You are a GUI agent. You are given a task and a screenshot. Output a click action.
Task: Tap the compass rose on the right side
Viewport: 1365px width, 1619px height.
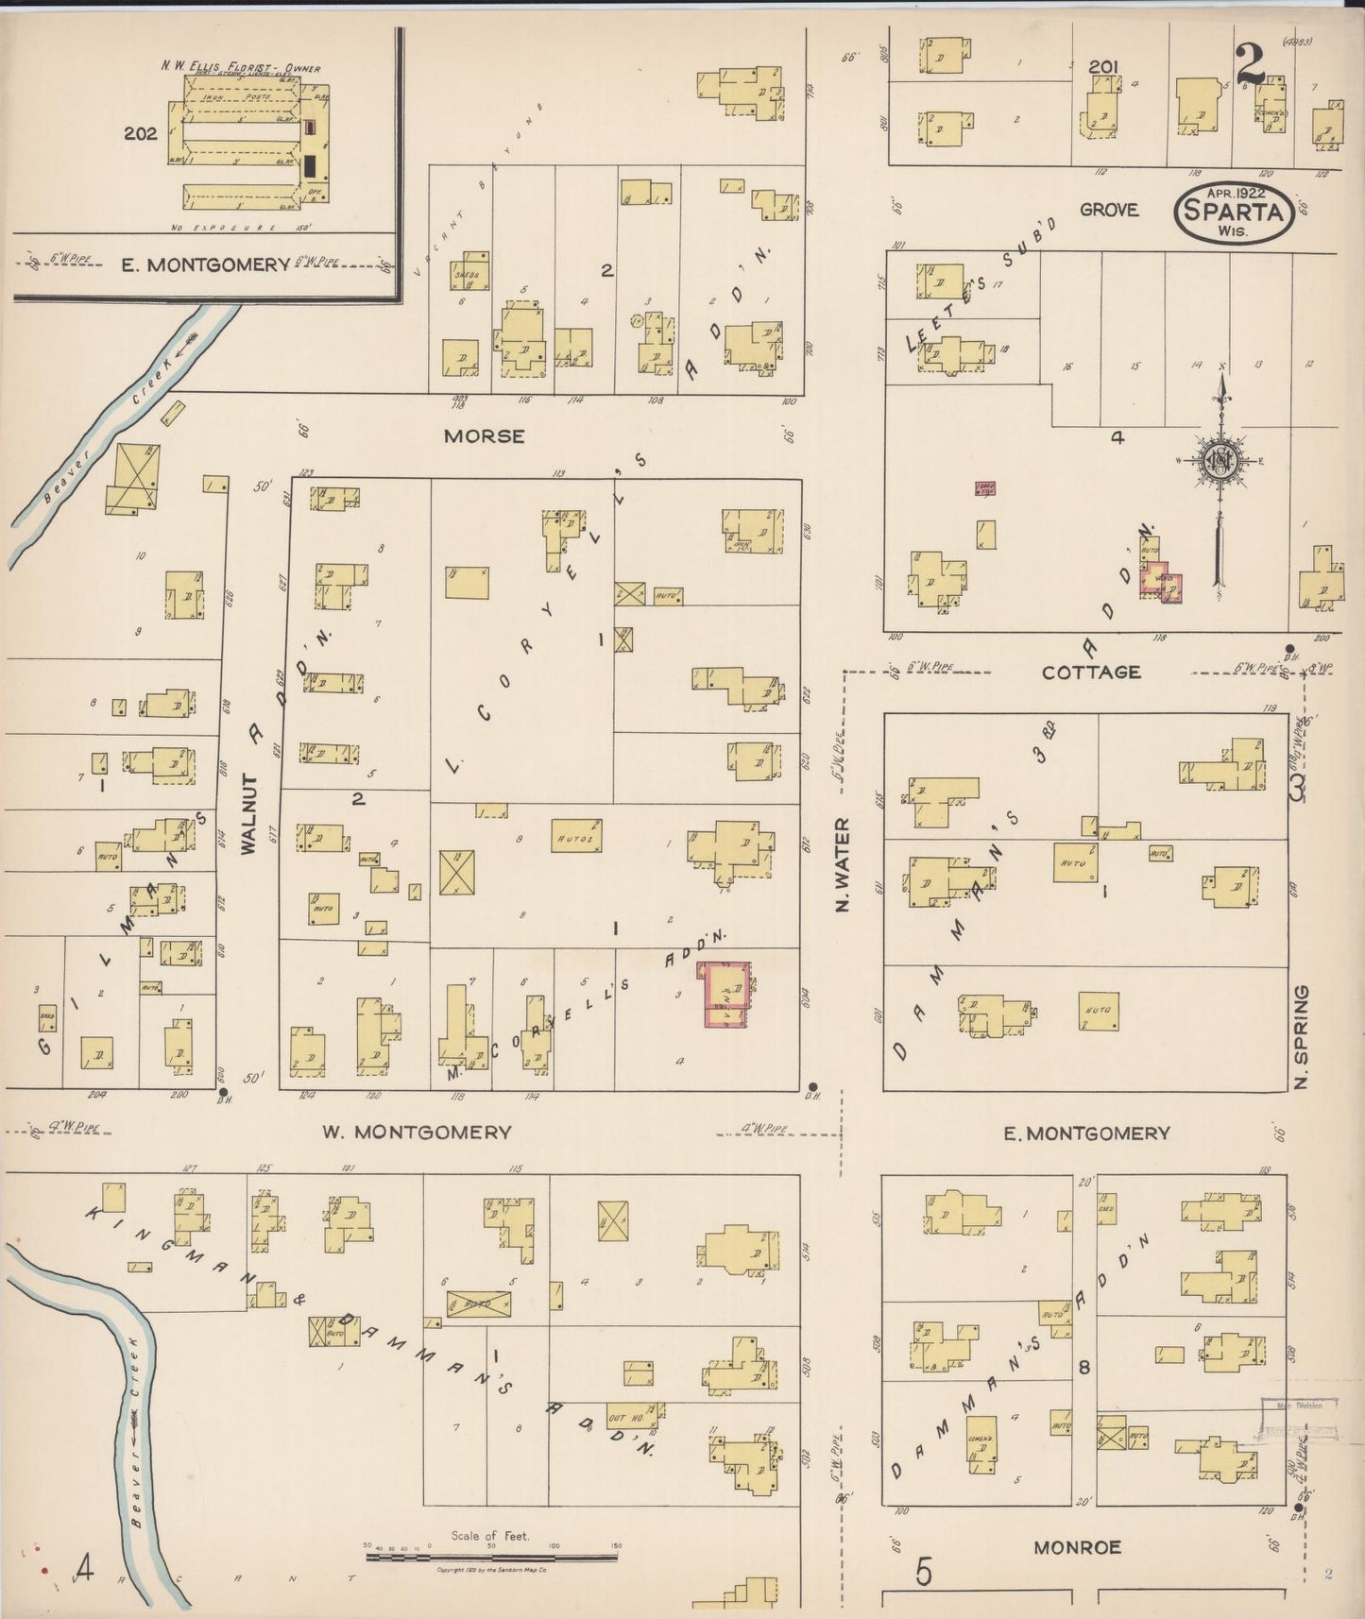coord(1220,462)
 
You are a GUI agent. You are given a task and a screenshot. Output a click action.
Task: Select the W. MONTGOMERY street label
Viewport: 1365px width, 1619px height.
coord(418,1132)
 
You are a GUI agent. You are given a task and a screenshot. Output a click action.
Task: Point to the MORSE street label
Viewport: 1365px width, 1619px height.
coord(484,436)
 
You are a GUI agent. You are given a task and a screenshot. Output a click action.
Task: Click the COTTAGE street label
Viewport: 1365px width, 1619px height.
coord(1091,673)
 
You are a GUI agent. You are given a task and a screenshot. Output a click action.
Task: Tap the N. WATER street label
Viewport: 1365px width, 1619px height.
coord(843,865)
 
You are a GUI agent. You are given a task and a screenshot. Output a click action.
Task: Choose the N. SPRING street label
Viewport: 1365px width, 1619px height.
coord(1303,1037)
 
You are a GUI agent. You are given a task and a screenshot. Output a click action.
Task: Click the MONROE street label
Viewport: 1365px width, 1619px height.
coord(1077,1547)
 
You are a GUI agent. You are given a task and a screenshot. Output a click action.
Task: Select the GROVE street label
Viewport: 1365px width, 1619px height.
coord(1109,210)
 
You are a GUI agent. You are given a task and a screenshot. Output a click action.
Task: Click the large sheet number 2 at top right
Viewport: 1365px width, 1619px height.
coord(1251,64)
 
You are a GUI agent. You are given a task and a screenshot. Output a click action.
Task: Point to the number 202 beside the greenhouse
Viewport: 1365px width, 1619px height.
coord(140,134)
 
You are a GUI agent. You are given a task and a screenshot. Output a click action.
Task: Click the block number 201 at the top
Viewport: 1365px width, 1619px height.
coord(1103,66)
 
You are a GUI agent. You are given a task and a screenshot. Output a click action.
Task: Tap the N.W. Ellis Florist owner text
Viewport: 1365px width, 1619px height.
coord(240,67)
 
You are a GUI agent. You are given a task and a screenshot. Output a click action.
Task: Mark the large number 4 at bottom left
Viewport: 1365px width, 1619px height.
coord(84,1570)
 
